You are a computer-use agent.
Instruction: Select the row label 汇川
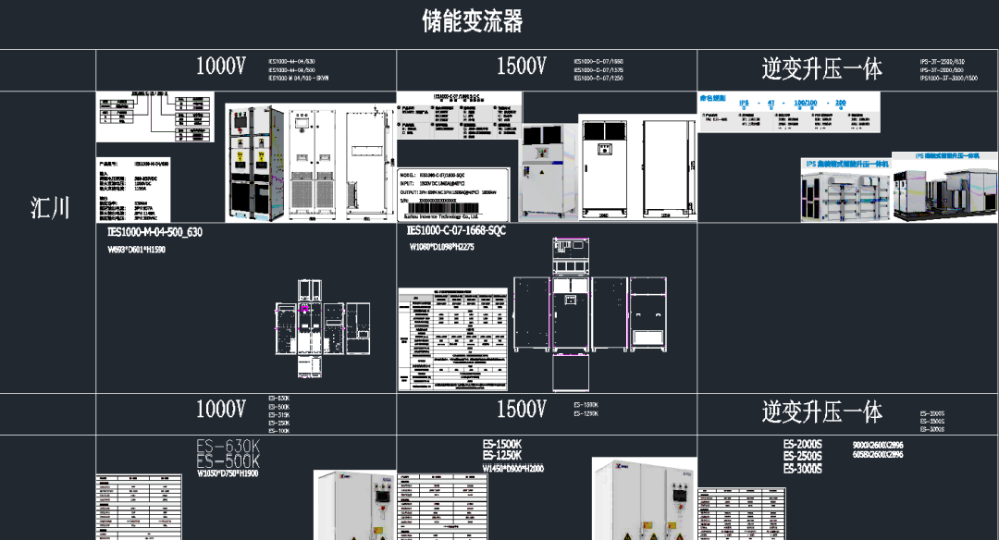[50, 207]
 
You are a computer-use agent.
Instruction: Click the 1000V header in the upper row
[221, 67]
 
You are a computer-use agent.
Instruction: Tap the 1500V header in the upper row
[522, 67]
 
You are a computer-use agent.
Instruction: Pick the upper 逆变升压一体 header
[821, 68]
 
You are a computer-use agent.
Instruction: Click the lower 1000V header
[221, 409]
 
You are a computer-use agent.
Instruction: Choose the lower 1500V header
[522, 409]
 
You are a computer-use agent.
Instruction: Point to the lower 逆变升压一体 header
[821, 411]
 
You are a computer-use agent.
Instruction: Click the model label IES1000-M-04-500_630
[154, 232]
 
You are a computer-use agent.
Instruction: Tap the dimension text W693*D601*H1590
[137, 250]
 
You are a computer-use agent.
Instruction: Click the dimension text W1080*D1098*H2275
[442, 248]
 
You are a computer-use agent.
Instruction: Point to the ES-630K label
[228, 448]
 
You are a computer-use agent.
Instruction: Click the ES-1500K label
[502, 444]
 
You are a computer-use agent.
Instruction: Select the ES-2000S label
[803, 445]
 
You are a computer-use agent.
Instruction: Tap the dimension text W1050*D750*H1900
[228, 473]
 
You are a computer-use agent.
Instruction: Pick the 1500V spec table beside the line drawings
[453, 338]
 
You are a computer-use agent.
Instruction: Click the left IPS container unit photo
[845, 189]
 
